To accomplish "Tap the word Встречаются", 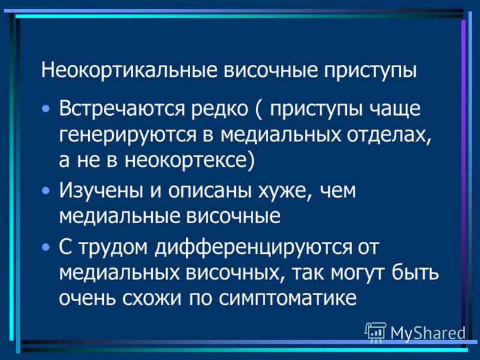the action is (x=122, y=109).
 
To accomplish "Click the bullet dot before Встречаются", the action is (x=46, y=109).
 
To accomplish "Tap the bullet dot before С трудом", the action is (x=46, y=247).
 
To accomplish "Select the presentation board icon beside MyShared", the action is (x=376, y=332).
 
